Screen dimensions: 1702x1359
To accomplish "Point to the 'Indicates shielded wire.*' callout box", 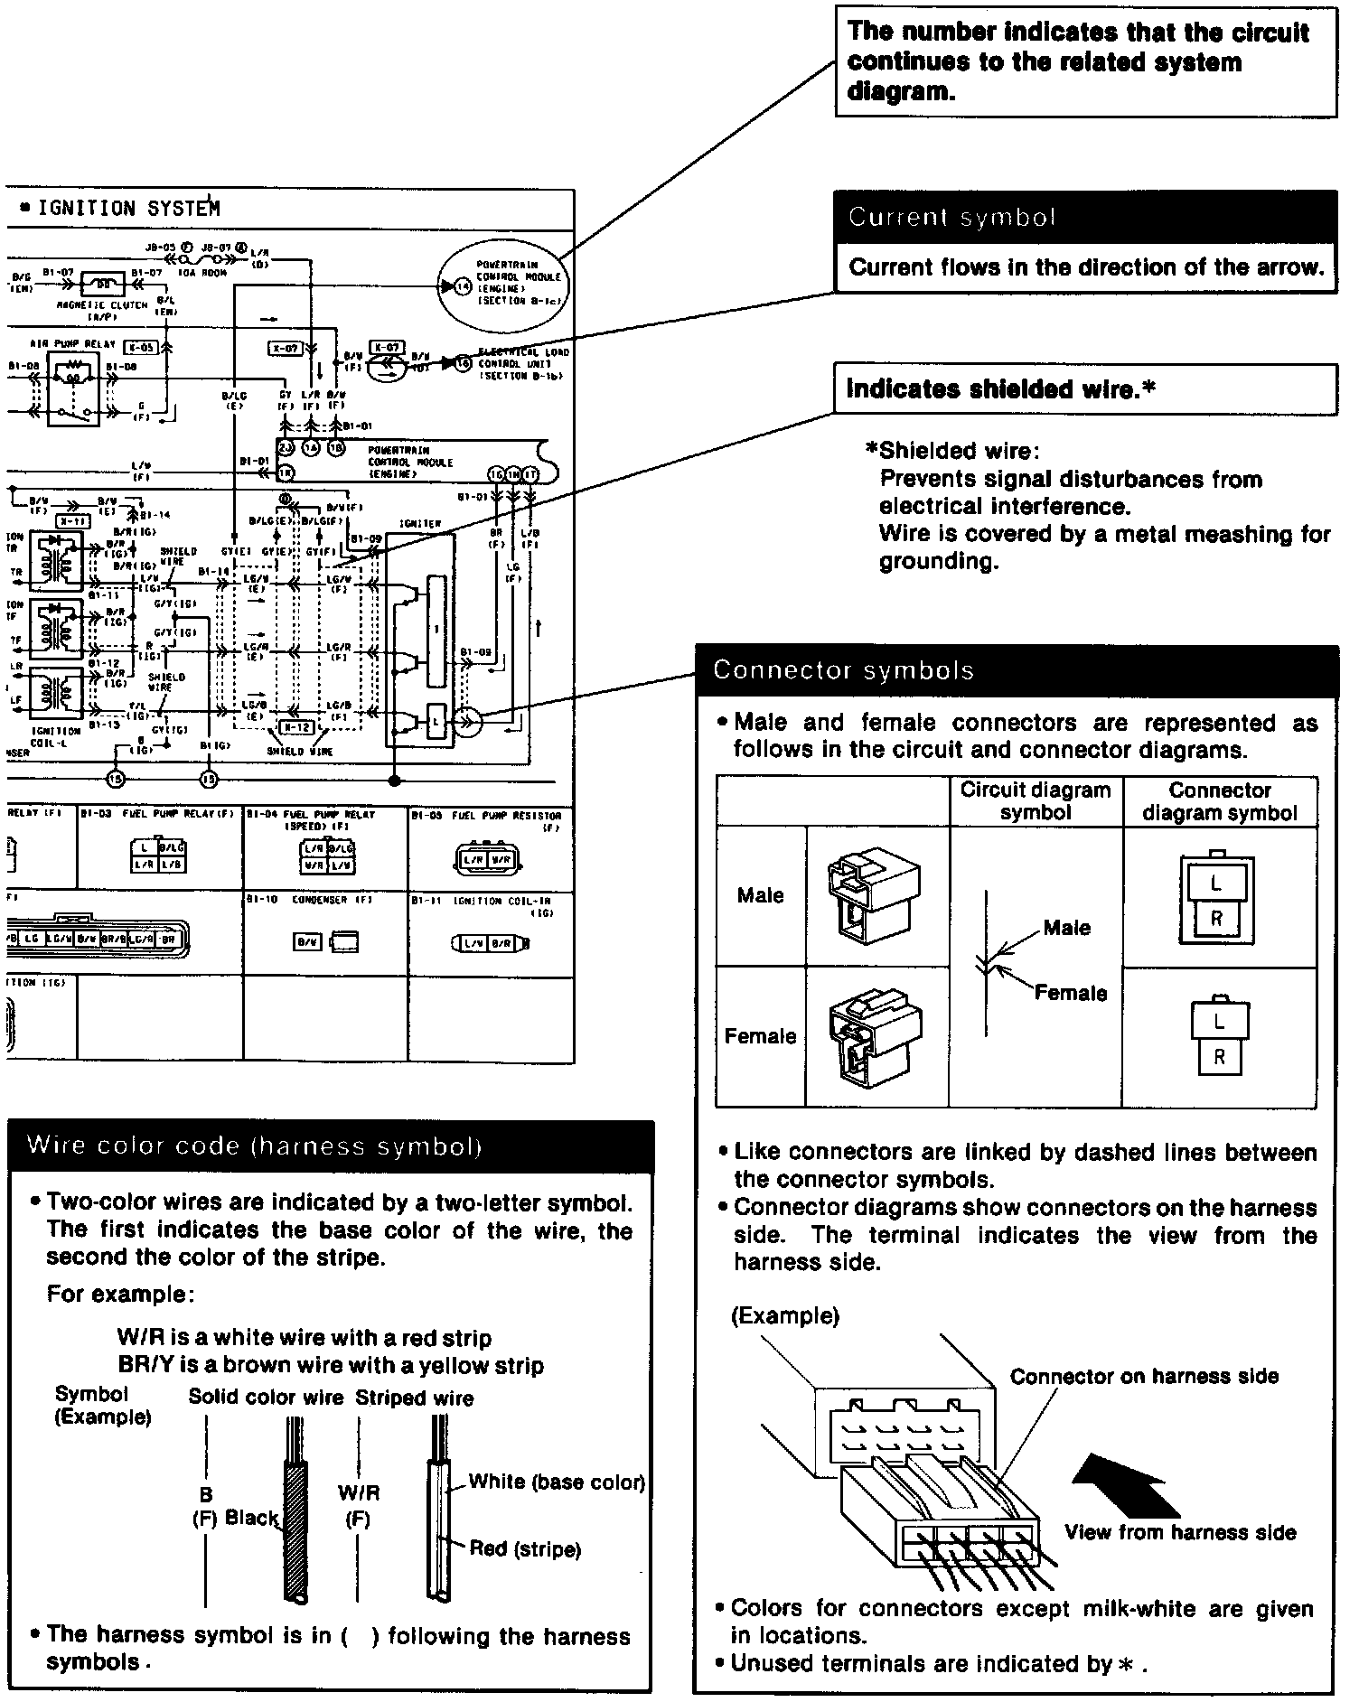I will click(x=1084, y=389).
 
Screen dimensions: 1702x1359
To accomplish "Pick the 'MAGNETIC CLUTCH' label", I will click(x=102, y=305).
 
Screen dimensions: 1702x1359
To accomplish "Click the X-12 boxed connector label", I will click(x=296, y=727).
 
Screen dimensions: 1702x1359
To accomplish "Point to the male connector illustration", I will click(x=873, y=894).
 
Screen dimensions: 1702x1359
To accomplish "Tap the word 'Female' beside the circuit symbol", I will click(x=1070, y=993).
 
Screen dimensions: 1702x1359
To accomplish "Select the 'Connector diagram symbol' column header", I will click(x=1219, y=801).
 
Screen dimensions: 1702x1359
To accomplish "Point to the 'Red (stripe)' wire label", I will click(x=524, y=1549).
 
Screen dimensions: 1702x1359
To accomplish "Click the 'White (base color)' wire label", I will click(x=556, y=1482).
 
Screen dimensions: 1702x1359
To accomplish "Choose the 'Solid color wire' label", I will click(x=266, y=1398).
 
